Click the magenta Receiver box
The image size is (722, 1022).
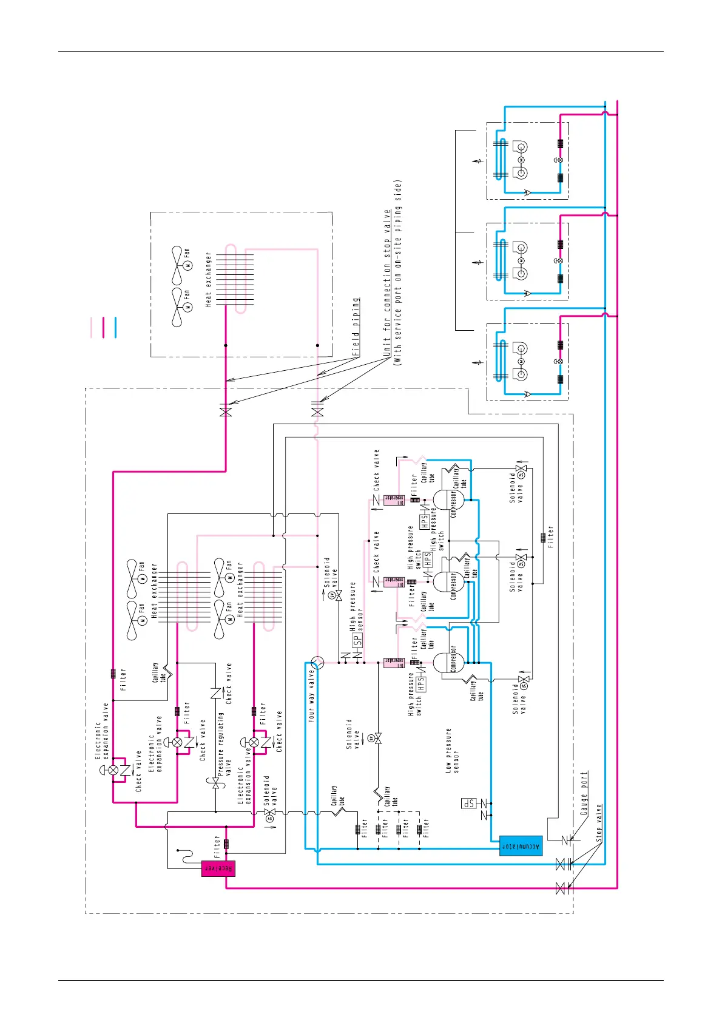pos(218,868)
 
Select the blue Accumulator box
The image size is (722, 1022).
pos(521,845)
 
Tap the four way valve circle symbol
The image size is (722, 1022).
pos(317,662)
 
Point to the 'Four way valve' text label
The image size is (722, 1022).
pos(312,695)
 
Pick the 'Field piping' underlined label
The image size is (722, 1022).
pos(356,326)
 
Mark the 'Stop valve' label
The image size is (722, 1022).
pos(599,822)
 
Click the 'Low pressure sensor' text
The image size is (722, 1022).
pos(453,750)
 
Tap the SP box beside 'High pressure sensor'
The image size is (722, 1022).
pos(357,640)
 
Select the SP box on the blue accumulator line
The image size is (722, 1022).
pos(469,803)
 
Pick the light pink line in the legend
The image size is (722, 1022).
pos(92,327)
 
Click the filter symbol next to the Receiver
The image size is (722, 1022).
pos(226,844)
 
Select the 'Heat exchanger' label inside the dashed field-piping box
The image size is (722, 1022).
pos(209,280)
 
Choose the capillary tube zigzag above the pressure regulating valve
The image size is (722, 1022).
pos(166,672)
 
